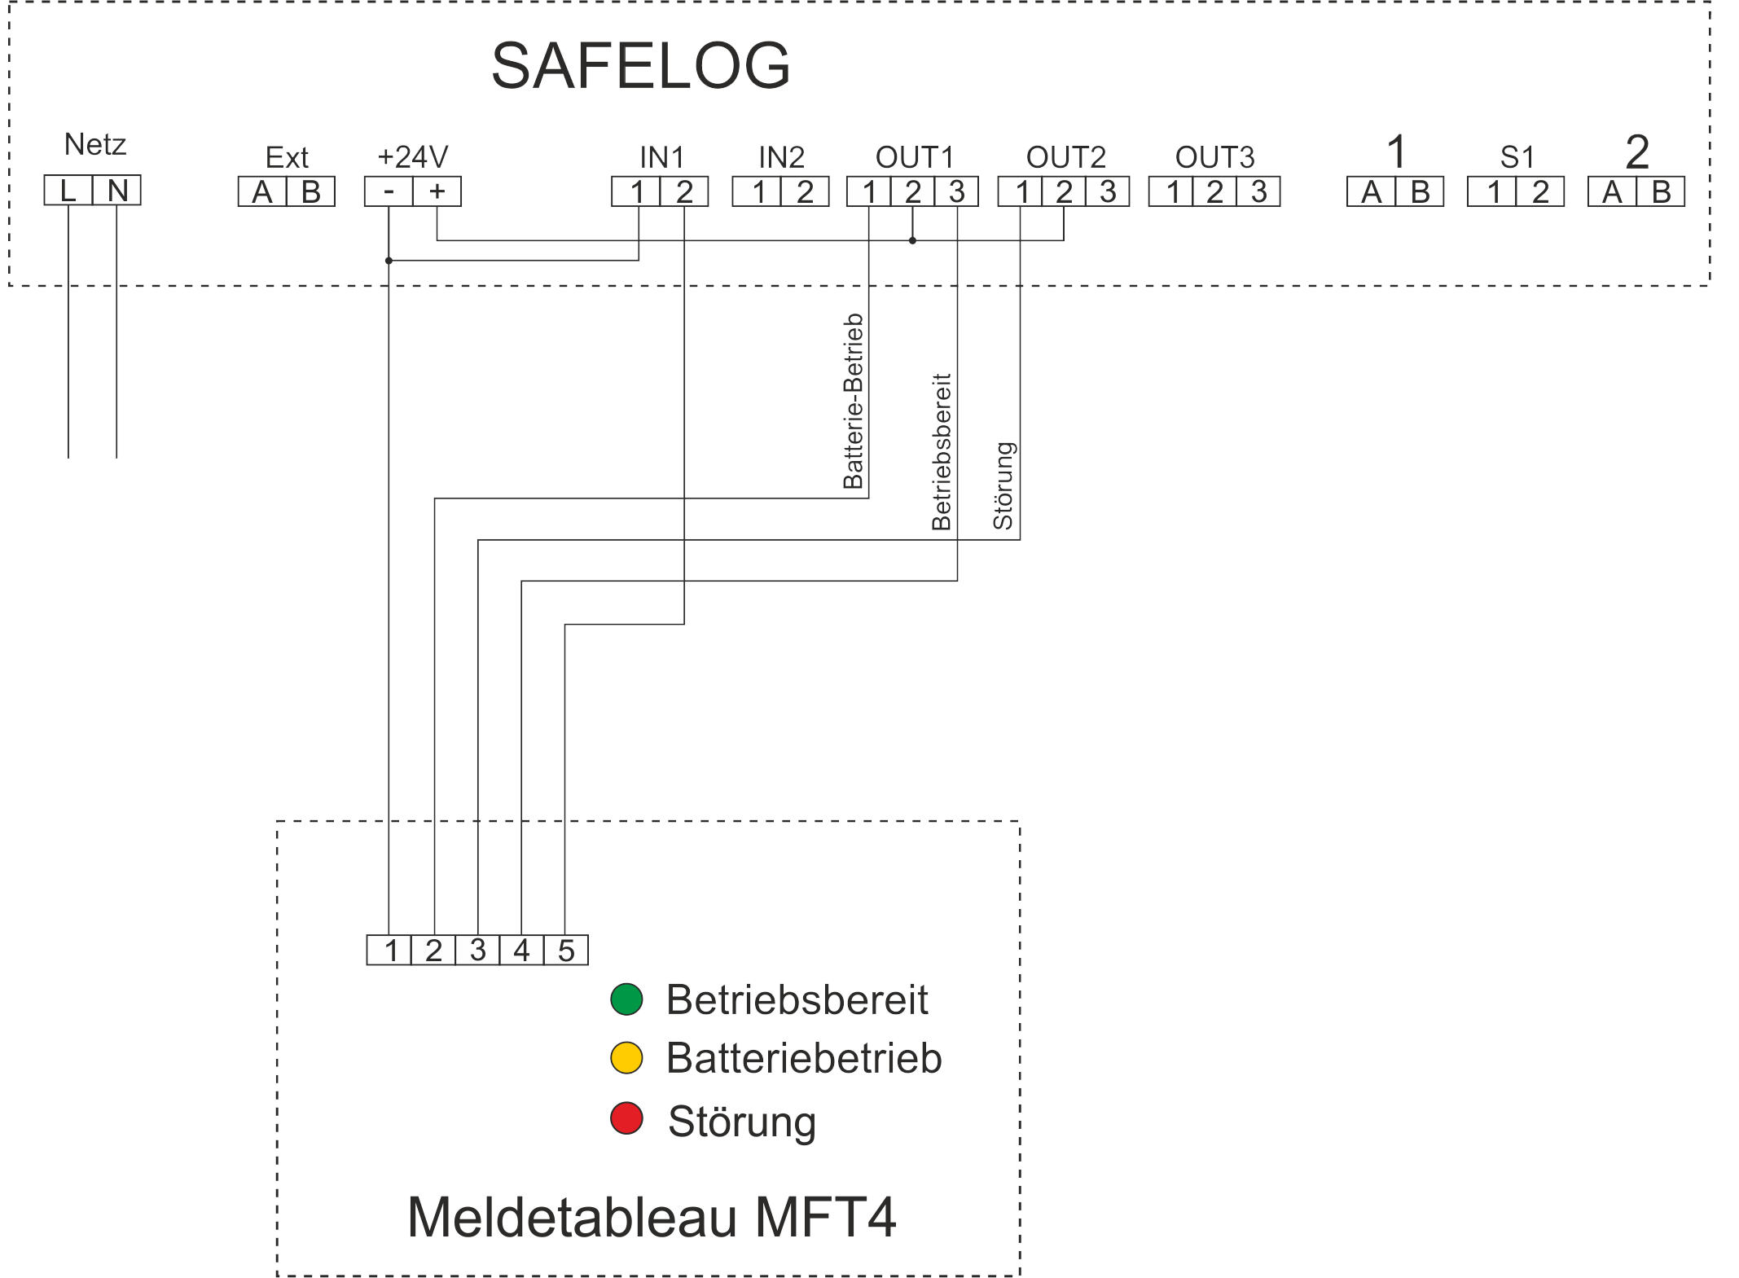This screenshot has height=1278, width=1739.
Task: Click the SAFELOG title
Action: pos(641,65)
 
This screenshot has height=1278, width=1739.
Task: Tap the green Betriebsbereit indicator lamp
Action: pos(626,999)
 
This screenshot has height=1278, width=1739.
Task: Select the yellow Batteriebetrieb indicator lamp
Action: pos(626,1058)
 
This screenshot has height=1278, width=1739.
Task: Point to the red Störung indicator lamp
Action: pos(626,1118)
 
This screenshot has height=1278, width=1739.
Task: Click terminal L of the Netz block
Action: pos(68,191)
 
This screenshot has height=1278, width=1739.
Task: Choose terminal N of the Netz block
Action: pos(117,191)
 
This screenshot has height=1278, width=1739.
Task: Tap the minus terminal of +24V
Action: pos(389,191)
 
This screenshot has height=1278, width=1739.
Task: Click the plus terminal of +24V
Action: pos(437,191)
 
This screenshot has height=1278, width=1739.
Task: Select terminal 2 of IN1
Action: pos(684,191)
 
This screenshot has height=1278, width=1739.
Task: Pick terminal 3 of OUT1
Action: pos(956,191)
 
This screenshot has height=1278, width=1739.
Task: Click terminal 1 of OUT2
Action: pos(1021,191)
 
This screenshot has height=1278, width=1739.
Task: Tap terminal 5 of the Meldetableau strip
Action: pos(566,950)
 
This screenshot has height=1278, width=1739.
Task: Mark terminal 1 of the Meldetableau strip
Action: pos(389,950)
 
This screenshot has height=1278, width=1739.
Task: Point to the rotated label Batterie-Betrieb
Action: pos(853,401)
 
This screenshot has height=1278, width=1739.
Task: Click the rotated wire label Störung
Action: pos(1003,485)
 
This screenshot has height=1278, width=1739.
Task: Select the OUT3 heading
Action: pos(1214,156)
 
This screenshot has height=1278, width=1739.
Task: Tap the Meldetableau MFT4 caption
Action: pos(652,1217)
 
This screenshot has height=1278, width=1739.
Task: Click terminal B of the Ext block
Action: pos(311,191)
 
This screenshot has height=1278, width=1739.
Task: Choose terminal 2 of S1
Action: pos(1540,191)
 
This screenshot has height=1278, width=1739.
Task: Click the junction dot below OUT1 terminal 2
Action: pos(912,240)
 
